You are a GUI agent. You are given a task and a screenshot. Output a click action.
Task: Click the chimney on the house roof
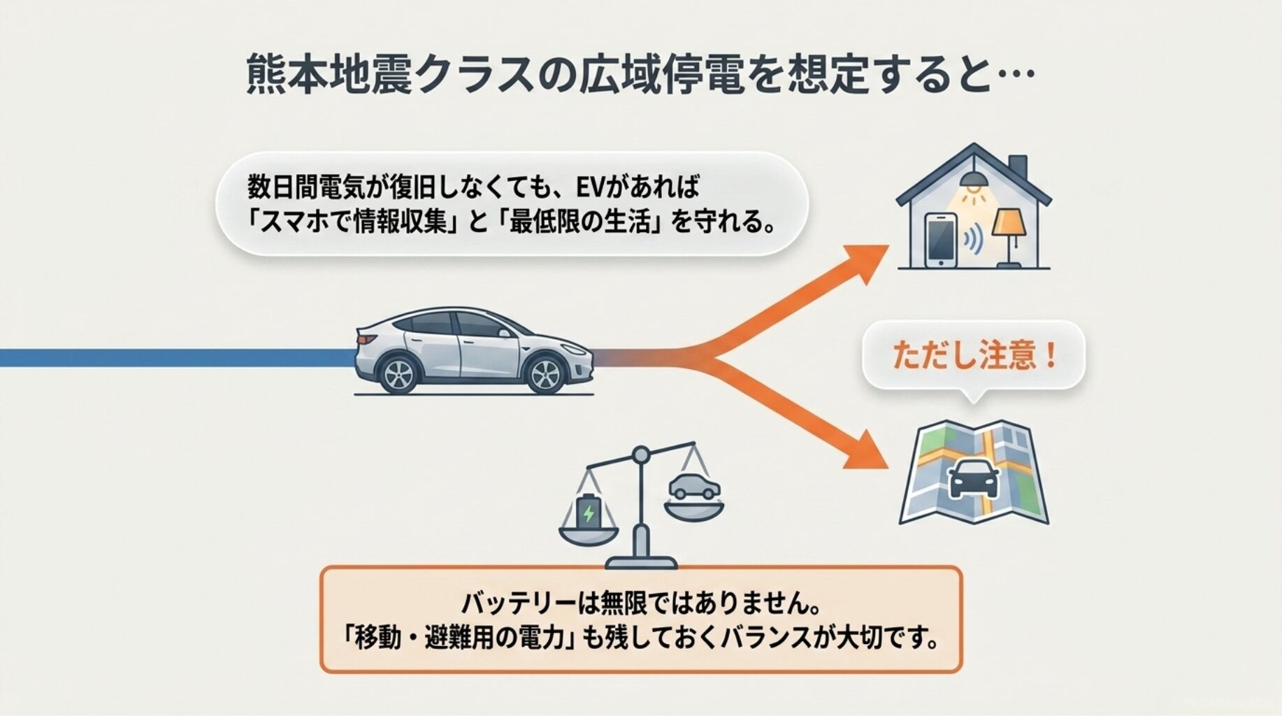click(x=1018, y=168)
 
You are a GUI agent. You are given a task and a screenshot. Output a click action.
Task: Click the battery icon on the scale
click(x=589, y=511)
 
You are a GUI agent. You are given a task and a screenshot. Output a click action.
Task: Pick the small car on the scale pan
click(x=693, y=487)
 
